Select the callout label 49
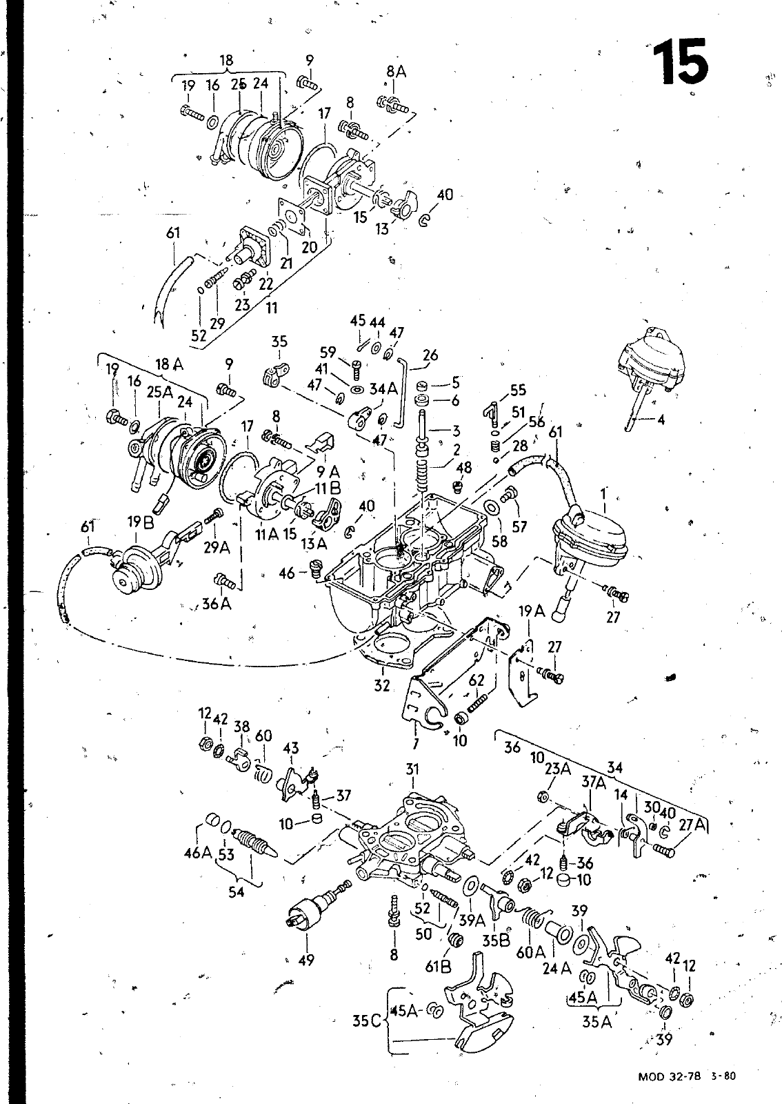click(305, 960)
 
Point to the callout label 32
click(381, 685)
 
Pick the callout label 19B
click(141, 522)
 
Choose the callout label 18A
click(170, 365)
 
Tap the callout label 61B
click(439, 967)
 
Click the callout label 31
click(412, 769)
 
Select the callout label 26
click(430, 355)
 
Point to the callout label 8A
click(396, 72)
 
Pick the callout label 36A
click(217, 603)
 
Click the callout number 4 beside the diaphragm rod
click(661, 420)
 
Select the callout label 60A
click(530, 952)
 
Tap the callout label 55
click(518, 390)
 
